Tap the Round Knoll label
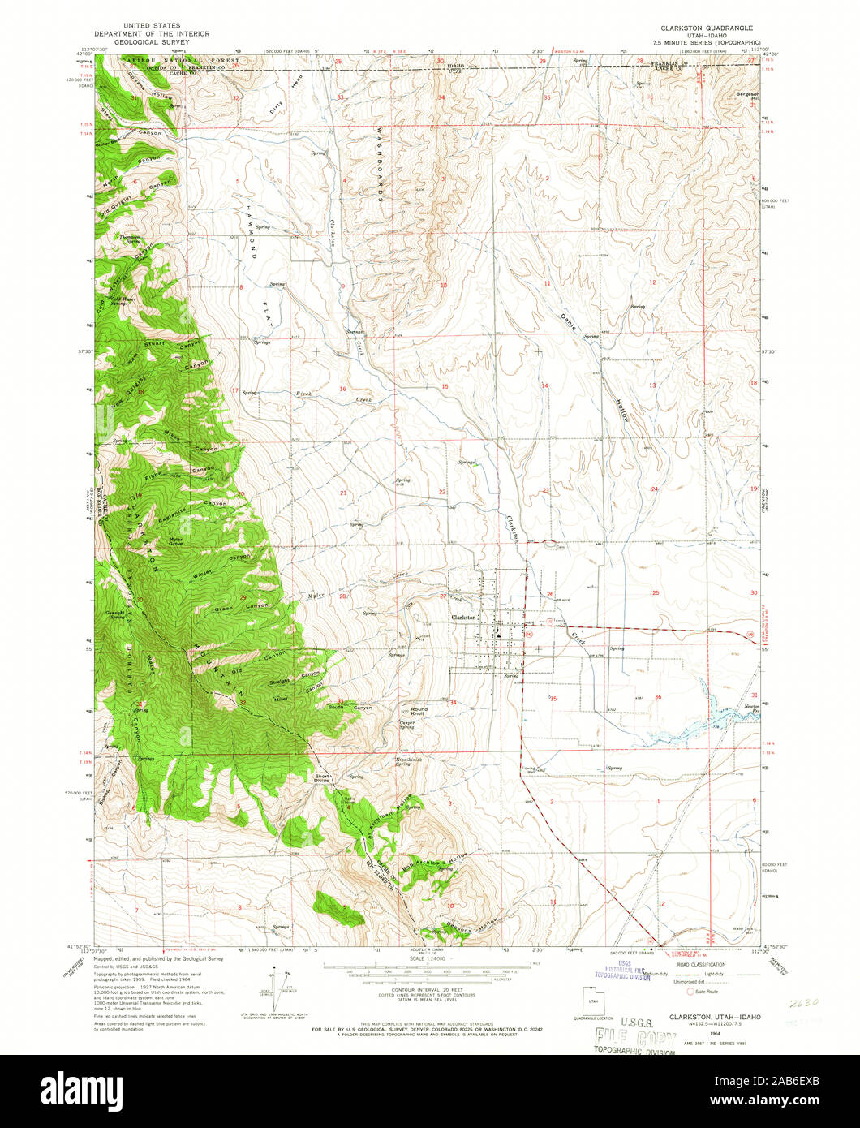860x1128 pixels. point(419,712)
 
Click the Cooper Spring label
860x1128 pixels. point(406,725)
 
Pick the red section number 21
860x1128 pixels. point(343,493)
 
